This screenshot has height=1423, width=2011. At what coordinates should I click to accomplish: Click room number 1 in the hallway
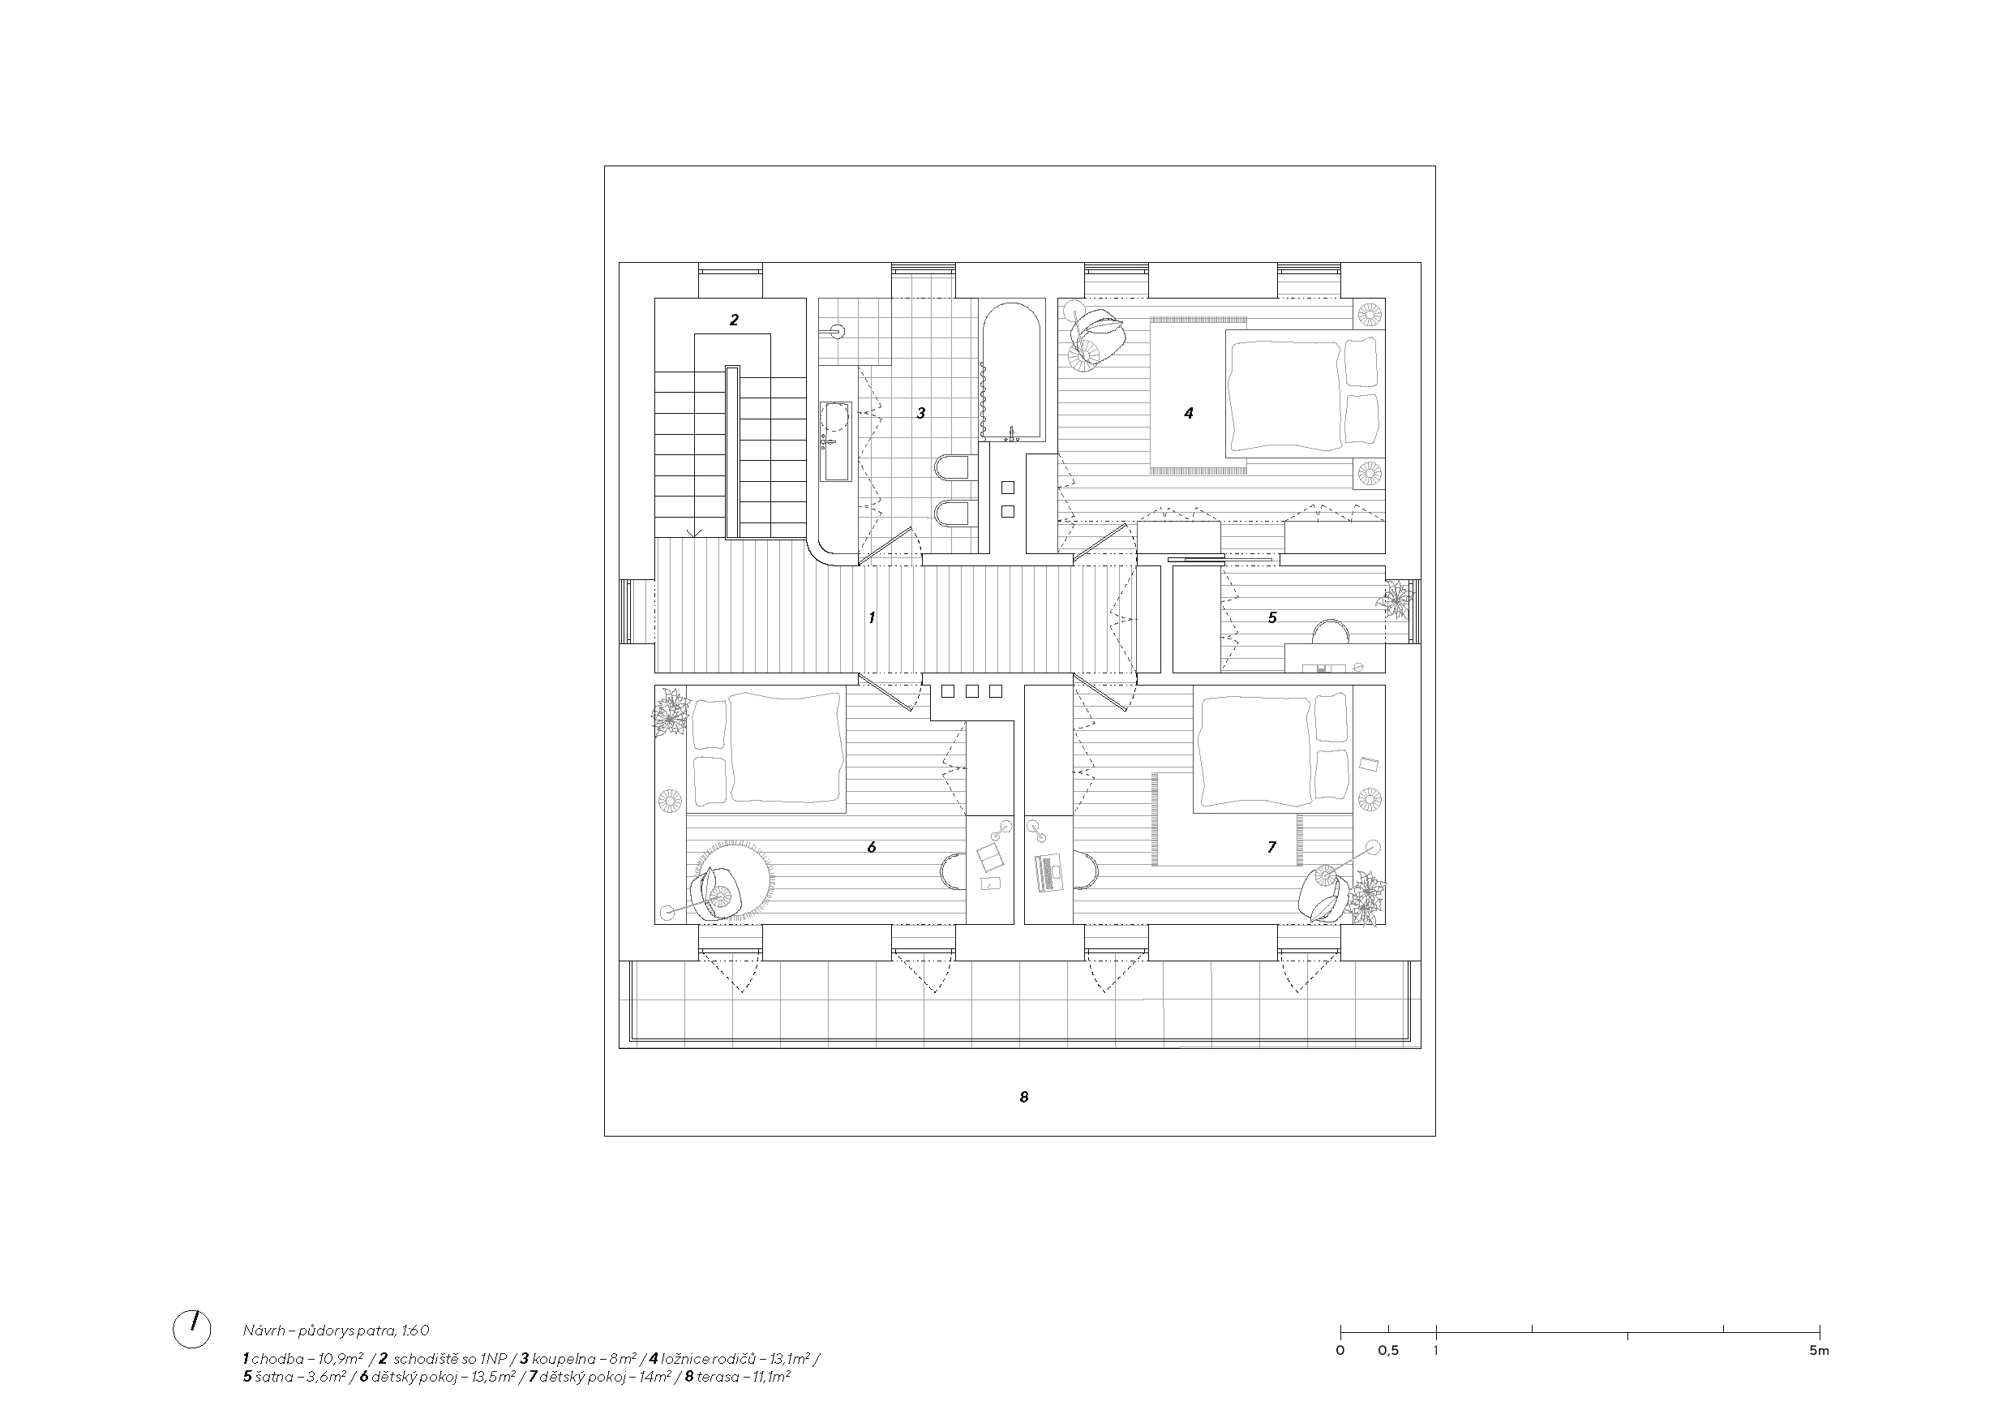872,617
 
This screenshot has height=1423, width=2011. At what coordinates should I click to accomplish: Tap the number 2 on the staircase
734,320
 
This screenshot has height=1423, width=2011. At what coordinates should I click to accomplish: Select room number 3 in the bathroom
920,413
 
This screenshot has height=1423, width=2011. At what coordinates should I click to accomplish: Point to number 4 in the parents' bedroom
1189,413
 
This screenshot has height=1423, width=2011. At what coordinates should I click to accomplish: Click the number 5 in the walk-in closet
1272,617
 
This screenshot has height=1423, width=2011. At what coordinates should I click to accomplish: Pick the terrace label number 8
1024,1096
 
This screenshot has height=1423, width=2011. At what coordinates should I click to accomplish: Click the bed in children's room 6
766,749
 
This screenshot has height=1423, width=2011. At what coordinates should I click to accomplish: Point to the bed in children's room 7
1275,749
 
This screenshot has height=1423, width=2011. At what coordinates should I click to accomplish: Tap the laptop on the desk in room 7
1048,873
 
